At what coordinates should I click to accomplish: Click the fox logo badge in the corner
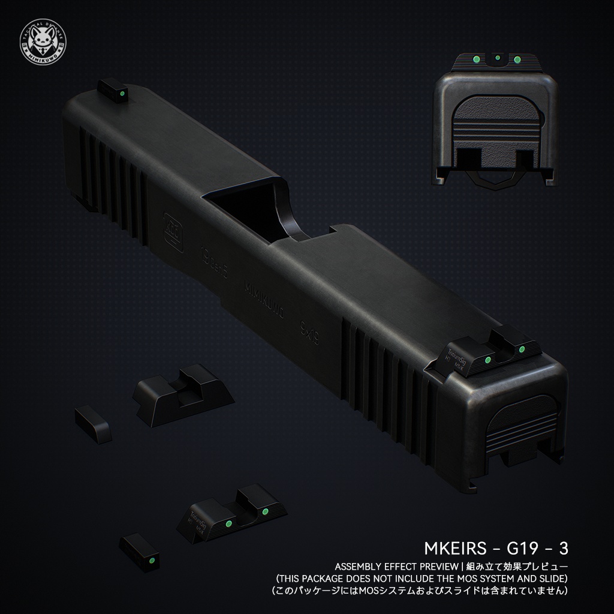point(43,43)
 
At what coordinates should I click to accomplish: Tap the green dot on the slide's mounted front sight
point(122,94)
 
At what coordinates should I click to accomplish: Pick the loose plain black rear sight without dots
point(182,395)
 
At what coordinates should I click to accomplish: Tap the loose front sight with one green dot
point(140,552)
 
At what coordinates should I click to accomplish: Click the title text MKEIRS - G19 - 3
point(496,548)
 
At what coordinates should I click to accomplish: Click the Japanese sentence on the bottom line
point(420,591)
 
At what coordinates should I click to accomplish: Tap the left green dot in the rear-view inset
point(475,59)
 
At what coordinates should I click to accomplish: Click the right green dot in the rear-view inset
point(517,59)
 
